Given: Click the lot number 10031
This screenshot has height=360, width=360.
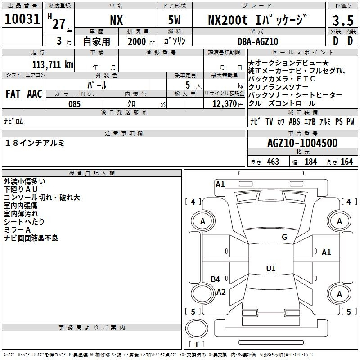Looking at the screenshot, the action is pos(22,19).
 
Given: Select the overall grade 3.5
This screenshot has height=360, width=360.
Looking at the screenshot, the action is pos(343,21).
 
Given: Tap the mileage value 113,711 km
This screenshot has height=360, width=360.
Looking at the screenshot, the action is pos(53,64).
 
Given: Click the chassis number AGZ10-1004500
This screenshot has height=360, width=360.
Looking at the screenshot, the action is pos(302,143).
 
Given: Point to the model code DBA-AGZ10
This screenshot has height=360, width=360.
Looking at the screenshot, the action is pos(258,41).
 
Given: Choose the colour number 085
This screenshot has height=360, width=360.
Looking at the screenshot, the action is pos(75,104).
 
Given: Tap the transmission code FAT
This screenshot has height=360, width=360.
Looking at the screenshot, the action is pos(13,94).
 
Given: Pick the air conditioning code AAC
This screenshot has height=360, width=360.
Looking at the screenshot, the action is pos(35,94).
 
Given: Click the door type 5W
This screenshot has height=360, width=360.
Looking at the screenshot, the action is pos(174,20).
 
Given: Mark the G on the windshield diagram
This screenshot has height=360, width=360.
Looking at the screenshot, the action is pos(284,237).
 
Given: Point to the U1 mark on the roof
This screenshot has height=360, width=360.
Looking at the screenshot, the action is pos(271,268).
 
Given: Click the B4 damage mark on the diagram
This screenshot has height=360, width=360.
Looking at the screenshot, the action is pos(216,279).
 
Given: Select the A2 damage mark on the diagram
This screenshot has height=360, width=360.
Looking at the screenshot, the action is pos(221,292).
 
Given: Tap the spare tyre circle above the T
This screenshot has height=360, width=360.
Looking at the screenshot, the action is pos(197,328).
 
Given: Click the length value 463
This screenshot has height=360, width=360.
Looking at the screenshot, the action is pos(273,162).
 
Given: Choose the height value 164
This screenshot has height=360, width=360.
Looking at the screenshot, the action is pos(346,162).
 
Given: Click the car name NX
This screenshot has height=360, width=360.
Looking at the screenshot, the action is pos(117,20).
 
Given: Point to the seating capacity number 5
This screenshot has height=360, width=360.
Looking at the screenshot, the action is pos(188,85).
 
